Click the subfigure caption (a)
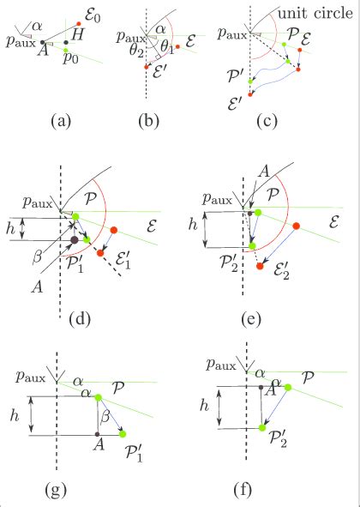(60, 120)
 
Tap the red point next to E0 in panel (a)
(79, 24)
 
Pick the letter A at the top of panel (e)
(263, 171)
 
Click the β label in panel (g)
(105, 416)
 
